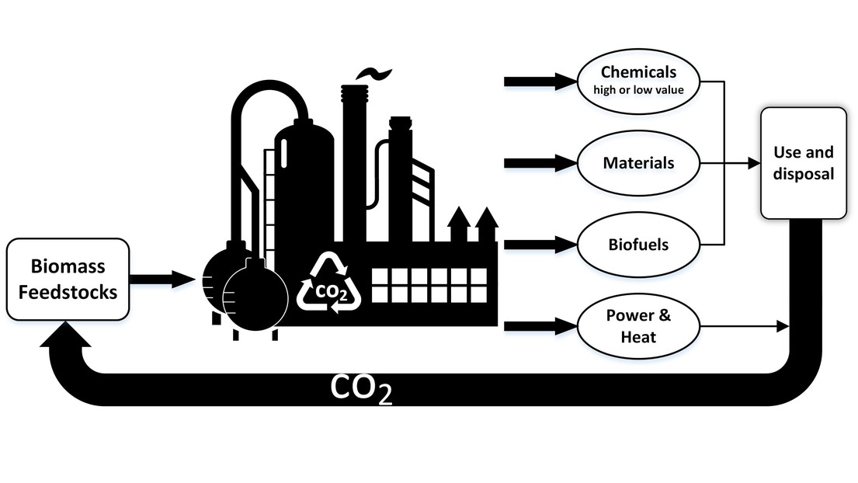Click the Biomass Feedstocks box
(x=68, y=280)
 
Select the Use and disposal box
(x=804, y=162)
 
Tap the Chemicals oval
(x=638, y=81)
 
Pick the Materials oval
(x=638, y=163)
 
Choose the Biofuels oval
(x=638, y=245)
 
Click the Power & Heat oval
(x=638, y=326)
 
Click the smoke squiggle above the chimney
(x=368, y=73)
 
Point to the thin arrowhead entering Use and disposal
(x=752, y=164)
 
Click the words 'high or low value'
(x=638, y=90)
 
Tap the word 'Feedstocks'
(x=68, y=293)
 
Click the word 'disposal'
(x=804, y=174)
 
